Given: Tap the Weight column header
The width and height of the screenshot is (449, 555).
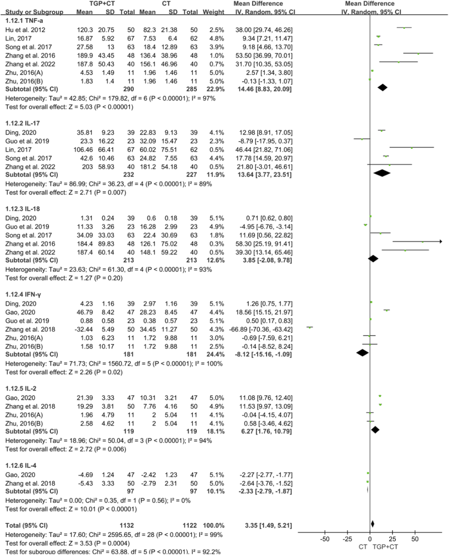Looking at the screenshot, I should (x=213, y=12).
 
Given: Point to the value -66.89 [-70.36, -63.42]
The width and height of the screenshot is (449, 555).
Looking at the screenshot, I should (x=261, y=329).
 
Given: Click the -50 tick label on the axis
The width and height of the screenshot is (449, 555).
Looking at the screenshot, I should (x=325, y=539).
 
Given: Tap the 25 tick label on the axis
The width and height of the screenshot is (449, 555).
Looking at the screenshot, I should (x=392, y=539).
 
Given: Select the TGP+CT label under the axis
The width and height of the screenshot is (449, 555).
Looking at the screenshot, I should (x=385, y=547).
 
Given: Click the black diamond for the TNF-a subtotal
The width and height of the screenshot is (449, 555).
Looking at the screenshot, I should (x=382, y=88).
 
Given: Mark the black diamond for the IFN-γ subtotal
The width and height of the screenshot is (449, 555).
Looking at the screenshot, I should (x=362, y=353).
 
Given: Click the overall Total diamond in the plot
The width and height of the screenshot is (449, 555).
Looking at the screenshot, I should (x=372, y=524).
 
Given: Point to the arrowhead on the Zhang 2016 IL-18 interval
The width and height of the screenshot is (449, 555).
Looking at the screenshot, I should (x=440, y=241).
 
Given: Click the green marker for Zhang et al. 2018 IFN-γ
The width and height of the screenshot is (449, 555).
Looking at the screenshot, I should (x=309, y=327).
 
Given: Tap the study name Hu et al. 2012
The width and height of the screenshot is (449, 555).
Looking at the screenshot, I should (x=25, y=30).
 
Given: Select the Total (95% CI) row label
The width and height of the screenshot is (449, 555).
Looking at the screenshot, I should (x=26, y=525).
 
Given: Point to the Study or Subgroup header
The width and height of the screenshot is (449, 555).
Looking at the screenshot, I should (x=34, y=12).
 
